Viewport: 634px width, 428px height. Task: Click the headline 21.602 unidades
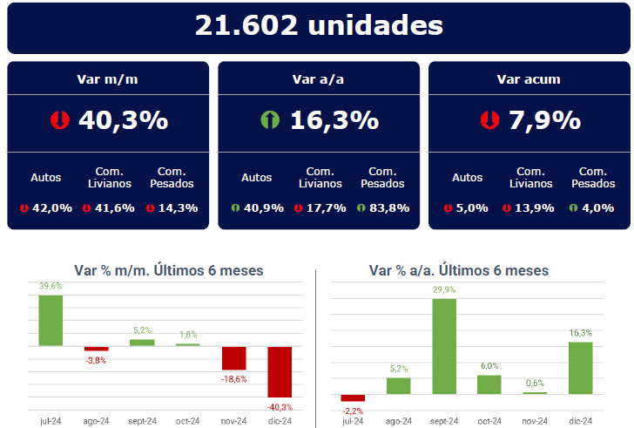tap(318, 25)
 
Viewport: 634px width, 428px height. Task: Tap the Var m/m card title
tap(108, 79)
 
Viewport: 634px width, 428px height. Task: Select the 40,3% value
tap(123, 120)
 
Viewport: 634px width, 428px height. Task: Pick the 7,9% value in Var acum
tap(545, 120)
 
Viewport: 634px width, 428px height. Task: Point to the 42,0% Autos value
tap(53, 207)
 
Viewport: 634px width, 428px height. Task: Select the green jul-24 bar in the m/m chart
tap(51, 320)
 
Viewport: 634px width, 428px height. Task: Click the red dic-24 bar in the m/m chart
tap(280, 371)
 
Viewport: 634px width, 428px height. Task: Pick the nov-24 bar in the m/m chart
tap(234, 357)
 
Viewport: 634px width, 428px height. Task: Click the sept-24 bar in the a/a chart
tap(444, 347)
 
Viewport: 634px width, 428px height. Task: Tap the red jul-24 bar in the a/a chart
tap(353, 397)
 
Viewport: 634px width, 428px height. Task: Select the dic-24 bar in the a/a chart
tap(580, 368)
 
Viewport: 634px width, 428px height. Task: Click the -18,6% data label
tap(233, 379)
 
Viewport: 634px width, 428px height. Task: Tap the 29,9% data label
tap(444, 289)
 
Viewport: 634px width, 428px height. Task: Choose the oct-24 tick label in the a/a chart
tap(489, 420)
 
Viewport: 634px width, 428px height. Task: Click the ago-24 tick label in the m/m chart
tap(96, 420)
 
